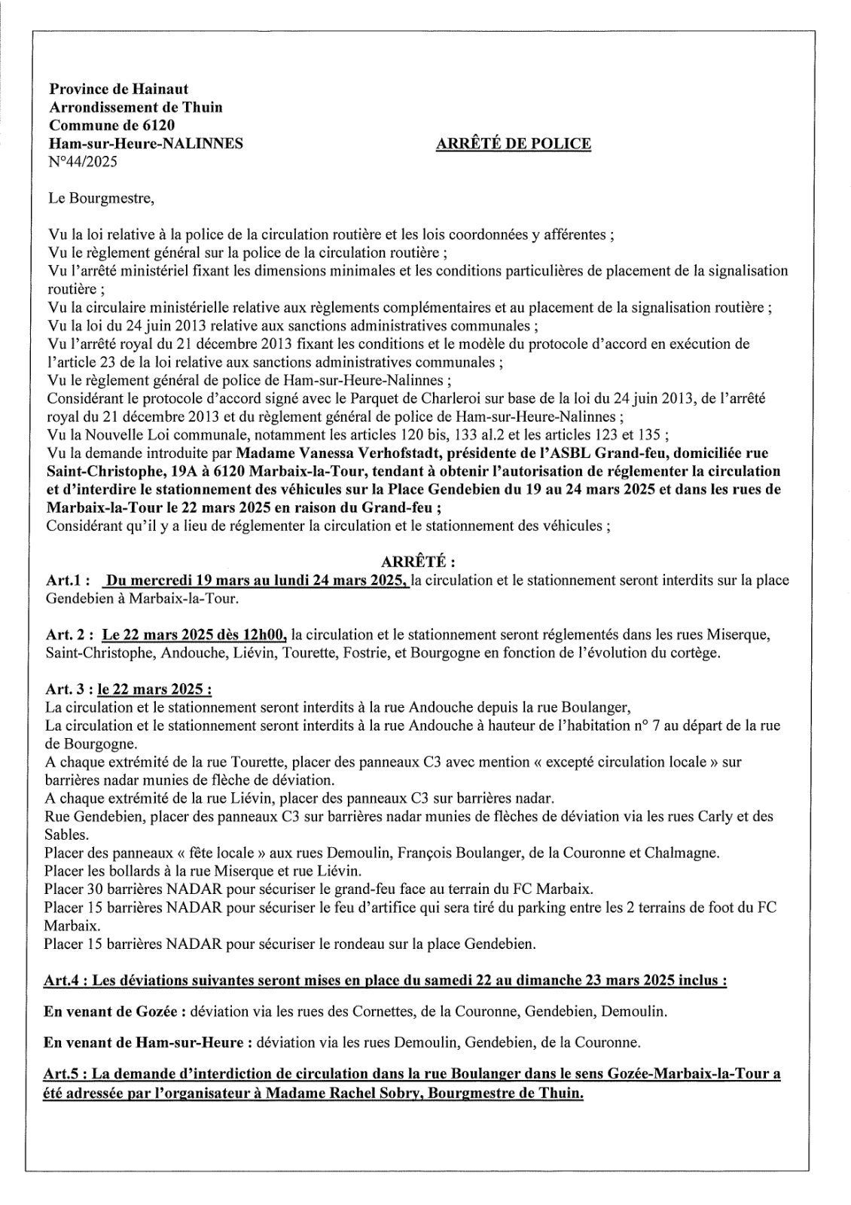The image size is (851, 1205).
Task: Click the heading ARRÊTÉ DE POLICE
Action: tap(513, 143)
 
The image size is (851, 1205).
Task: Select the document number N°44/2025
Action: tap(82, 161)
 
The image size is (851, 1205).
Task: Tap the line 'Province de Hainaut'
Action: tap(119, 89)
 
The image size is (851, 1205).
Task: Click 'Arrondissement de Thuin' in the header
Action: tap(136, 107)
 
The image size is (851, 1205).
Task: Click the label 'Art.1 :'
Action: tap(69, 581)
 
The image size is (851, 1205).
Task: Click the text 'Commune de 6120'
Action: tap(111, 125)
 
